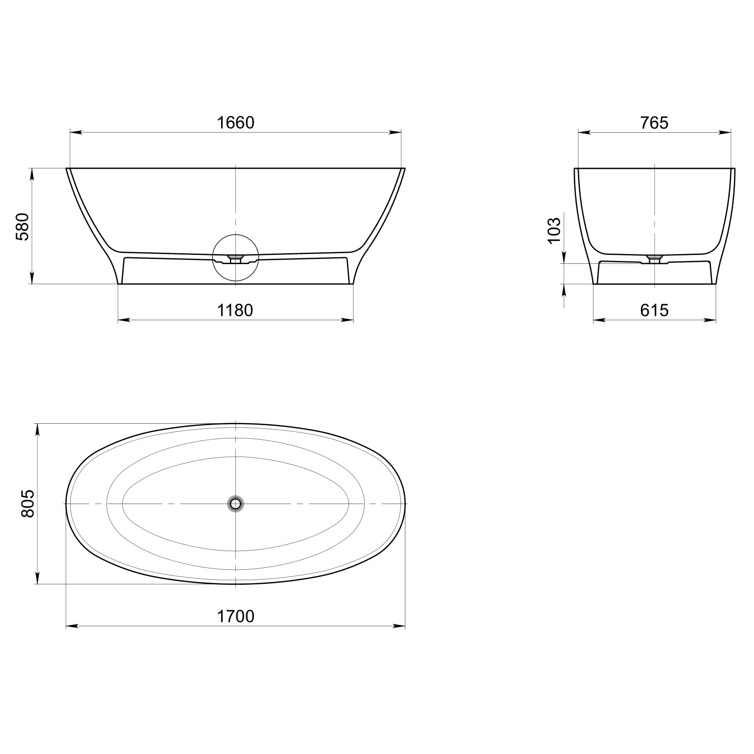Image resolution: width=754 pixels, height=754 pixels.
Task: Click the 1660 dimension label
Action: coord(235,123)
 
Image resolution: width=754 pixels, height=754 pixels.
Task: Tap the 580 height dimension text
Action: coord(23,226)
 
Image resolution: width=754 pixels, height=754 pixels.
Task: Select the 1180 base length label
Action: coord(234,310)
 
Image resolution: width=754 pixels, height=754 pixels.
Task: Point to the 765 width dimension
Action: coord(654,123)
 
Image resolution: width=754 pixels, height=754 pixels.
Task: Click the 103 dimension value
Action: coord(553,230)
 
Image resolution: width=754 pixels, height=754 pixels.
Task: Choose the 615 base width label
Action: coord(654,310)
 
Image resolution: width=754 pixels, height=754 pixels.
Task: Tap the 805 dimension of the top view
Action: coord(28,504)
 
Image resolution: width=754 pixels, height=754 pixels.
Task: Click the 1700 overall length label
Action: coord(235,616)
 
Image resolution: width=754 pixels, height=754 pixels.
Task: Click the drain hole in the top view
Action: coord(235,504)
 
